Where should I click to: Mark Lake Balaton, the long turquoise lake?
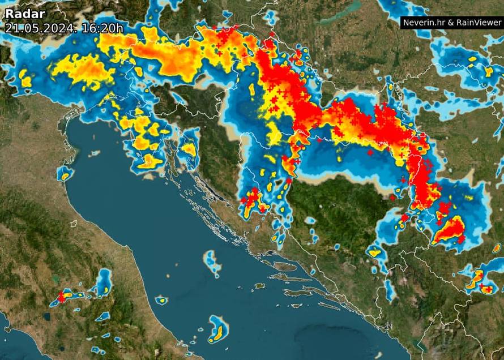pos(340,12)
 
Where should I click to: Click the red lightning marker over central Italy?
pos(61,296)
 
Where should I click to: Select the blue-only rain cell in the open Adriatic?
pos(212,262)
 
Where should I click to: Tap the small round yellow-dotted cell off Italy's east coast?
pos(161,299)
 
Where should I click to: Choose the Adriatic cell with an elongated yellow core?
pos(217,330)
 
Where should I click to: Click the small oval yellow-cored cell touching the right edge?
pos(497,248)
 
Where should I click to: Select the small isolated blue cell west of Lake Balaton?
pos(270,18)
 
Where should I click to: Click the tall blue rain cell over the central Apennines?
pos(104,283)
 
